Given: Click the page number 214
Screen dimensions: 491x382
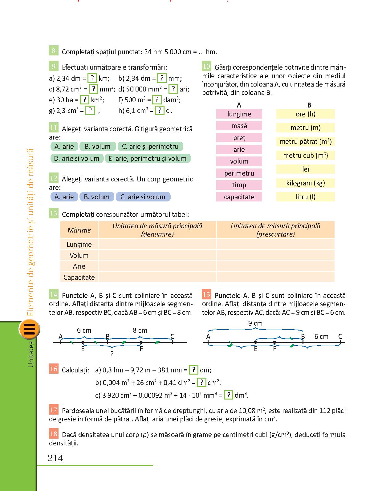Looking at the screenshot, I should (55, 458).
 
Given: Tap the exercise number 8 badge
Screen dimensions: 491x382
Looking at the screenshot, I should (54, 51).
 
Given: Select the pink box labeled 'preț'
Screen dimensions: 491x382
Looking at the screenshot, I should (239, 138).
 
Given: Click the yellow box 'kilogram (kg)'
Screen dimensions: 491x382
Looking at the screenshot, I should (305, 183).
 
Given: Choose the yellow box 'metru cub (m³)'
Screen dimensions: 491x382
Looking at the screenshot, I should (305, 155).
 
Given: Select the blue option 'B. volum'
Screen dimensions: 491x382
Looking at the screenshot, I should (97, 197).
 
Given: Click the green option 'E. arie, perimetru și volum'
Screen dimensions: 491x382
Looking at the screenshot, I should (148, 158).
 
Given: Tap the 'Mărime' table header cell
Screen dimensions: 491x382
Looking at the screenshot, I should (79, 230).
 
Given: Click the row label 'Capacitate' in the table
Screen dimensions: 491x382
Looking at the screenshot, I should (79, 277).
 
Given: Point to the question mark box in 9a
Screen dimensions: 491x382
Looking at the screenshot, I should (92, 78).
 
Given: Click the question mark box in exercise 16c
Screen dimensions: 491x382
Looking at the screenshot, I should (228, 395).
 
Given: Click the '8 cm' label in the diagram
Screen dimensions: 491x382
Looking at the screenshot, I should (140, 330).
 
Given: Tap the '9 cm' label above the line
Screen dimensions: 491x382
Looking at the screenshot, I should (255, 323).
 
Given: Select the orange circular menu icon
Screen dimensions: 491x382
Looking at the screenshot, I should (29, 329).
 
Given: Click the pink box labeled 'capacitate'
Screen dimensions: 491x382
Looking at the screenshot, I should (239, 197).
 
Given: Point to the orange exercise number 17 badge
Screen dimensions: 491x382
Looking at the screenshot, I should (54, 410).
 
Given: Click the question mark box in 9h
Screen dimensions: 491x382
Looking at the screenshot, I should (160, 111).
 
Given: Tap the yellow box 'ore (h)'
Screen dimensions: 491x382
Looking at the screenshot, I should (305, 114).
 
